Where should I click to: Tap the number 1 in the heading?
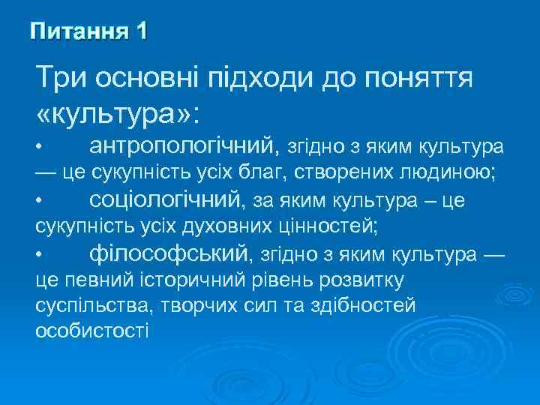coord(141,31)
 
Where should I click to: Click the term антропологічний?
coord(184,144)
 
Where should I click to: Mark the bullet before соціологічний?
coord(46,201)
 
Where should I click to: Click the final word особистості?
coord(92,331)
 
